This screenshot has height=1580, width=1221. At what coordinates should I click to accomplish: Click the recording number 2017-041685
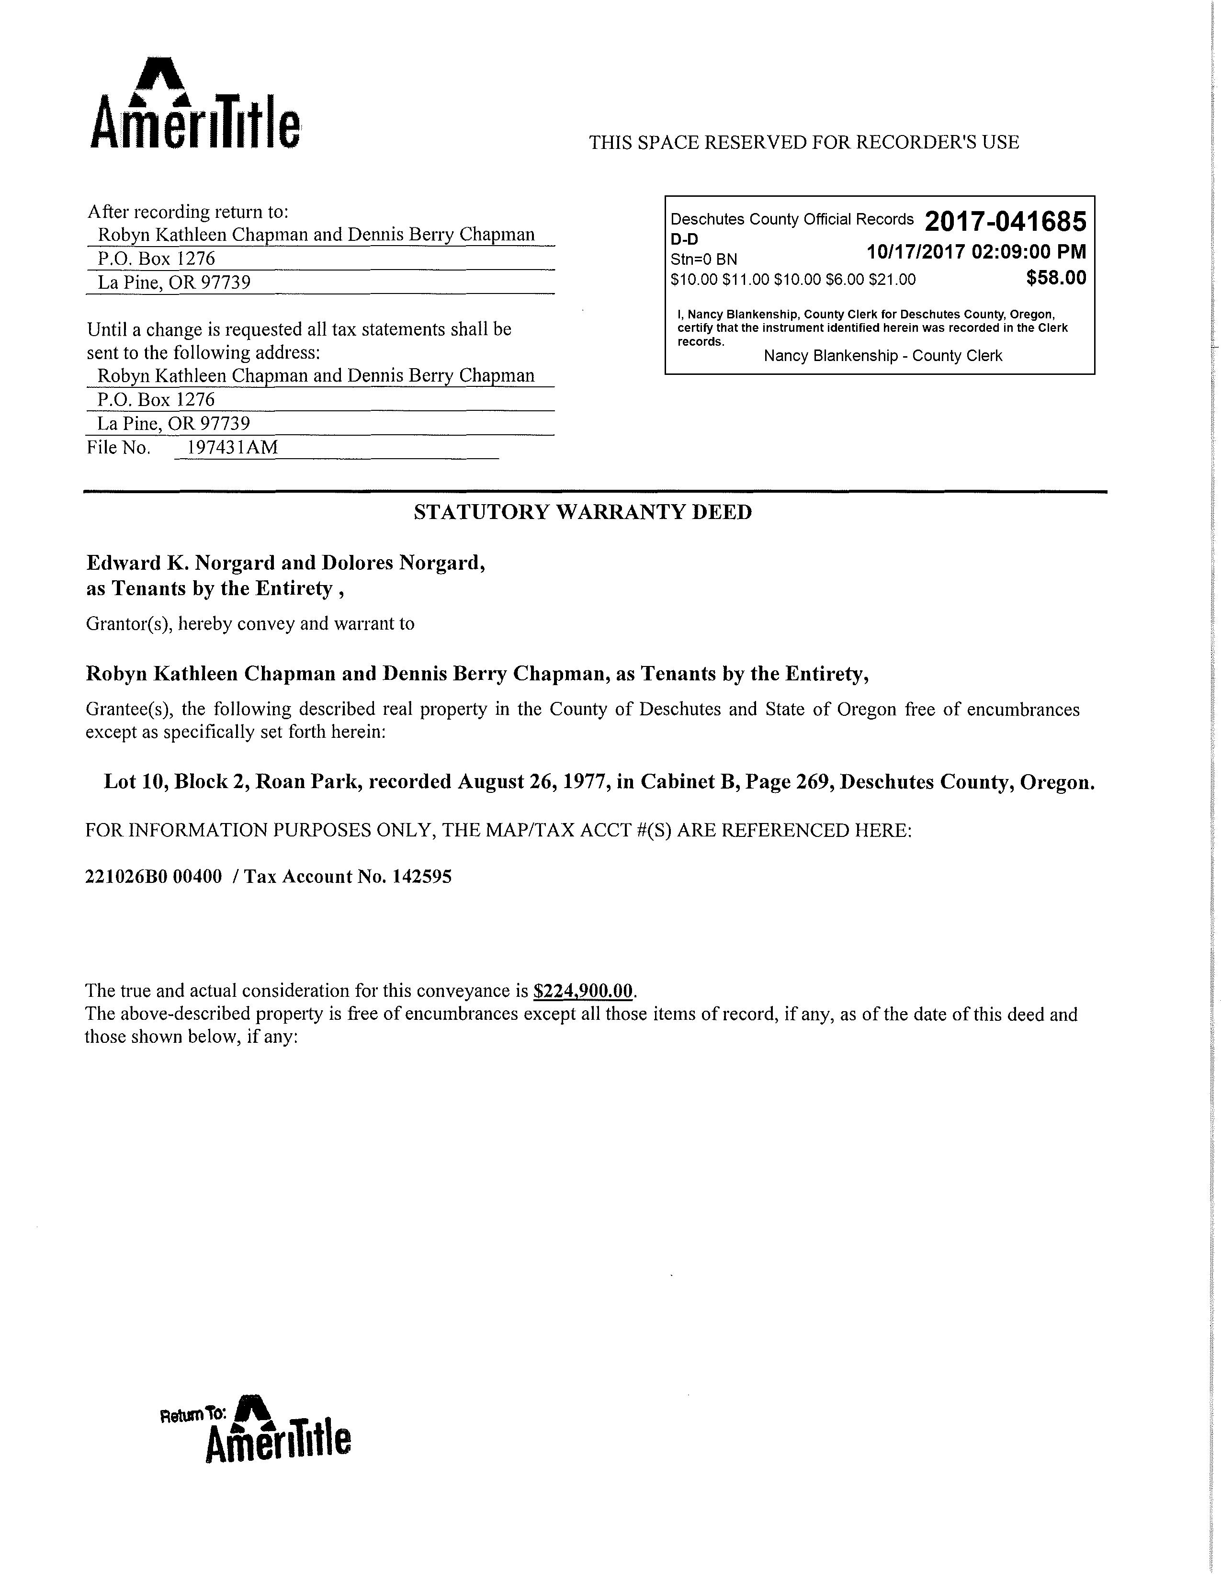(x=1006, y=221)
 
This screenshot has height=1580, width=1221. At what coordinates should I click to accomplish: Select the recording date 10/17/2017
(x=916, y=252)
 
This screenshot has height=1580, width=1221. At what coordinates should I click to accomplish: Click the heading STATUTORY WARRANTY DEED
(x=582, y=512)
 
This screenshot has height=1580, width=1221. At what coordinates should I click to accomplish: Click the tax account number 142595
(x=422, y=877)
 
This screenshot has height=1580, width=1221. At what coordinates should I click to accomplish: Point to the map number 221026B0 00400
(x=153, y=877)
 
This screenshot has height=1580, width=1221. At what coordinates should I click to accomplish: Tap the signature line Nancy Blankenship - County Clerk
(x=882, y=356)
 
